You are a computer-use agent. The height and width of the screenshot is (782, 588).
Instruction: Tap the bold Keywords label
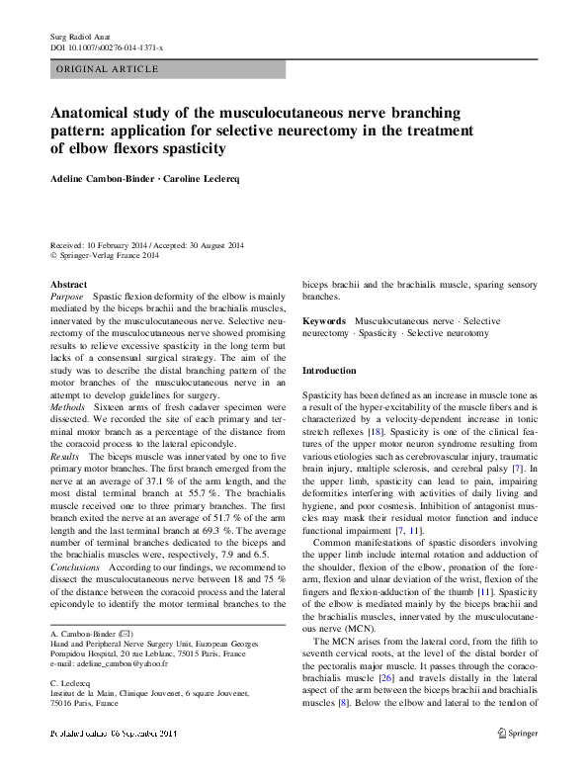tap(324, 322)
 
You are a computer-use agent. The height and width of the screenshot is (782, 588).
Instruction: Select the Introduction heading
tap(329, 371)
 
